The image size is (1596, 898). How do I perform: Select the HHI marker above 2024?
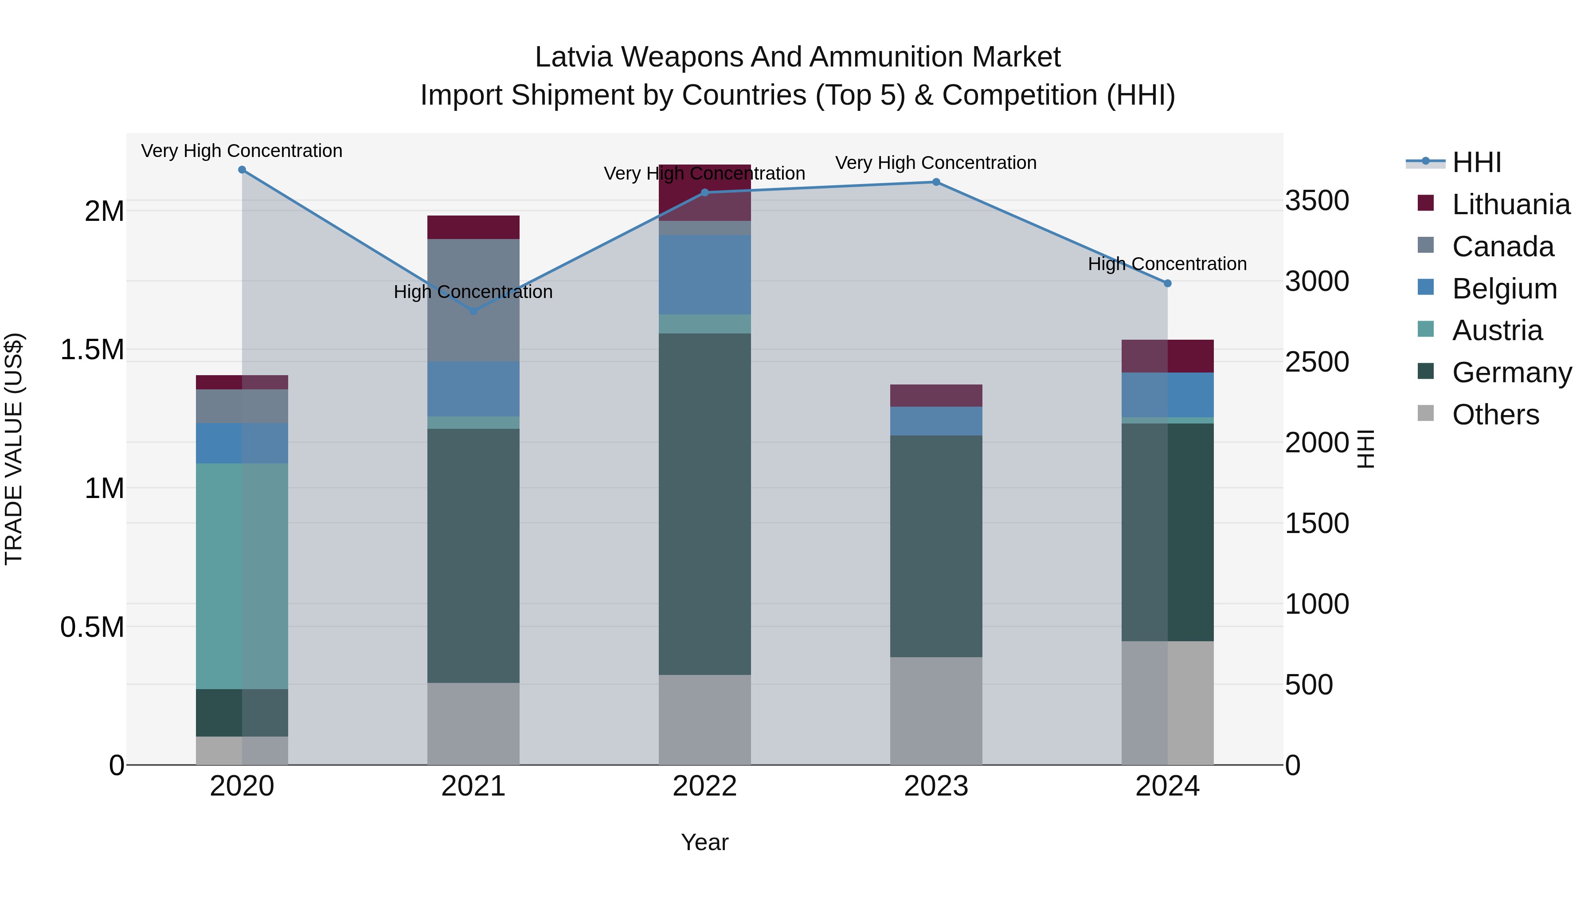pyautogui.click(x=1167, y=283)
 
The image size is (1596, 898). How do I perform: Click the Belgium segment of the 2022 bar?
pyautogui.click(x=704, y=274)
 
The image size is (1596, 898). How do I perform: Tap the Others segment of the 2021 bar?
pyautogui.click(x=473, y=723)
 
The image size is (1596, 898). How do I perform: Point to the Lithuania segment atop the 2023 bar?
pyautogui.click(x=936, y=396)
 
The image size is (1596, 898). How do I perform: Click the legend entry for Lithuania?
pyautogui.click(x=1510, y=204)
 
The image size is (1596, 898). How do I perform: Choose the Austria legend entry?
pyautogui.click(x=1497, y=330)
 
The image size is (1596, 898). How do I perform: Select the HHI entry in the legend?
pyautogui.click(x=1476, y=162)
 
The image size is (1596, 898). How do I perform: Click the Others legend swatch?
pyautogui.click(x=1426, y=413)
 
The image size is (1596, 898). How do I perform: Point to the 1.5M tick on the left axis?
pyautogui.click(x=92, y=349)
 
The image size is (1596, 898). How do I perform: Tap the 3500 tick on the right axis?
pyautogui.click(x=1317, y=201)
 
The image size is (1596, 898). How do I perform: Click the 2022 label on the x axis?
pyautogui.click(x=704, y=786)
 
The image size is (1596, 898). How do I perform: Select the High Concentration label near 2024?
pyautogui.click(x=1167, y=264)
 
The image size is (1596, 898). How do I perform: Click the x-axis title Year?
pyautogui.click(x=704, y=842)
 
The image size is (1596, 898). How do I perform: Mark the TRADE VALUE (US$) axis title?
pyautogui.click(x=14, y=449)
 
